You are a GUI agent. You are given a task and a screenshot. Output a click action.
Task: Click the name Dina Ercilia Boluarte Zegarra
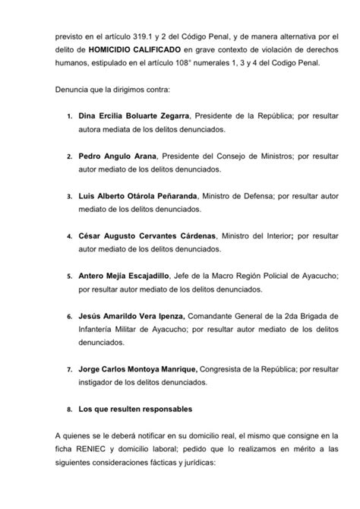(134, 118)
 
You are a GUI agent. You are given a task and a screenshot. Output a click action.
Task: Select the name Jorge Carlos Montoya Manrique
(137, 368)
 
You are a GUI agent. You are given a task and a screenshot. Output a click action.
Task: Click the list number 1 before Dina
(69, 118)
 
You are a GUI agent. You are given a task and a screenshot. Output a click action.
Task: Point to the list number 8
(69, 409)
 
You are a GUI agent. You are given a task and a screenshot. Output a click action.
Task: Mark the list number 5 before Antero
(69, 274)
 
